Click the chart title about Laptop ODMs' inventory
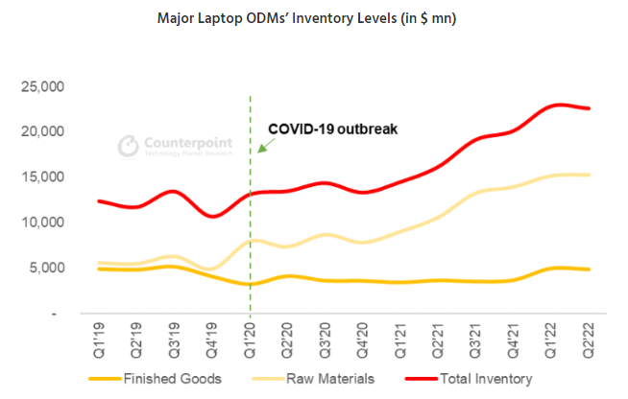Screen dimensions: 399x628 tap(313, 20)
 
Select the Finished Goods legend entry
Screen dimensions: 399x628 tap(167, 377)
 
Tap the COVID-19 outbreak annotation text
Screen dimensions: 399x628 tap(331, 129)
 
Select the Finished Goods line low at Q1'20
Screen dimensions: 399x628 tap(251, 284)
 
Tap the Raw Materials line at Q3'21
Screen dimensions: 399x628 tap(476, 192)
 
